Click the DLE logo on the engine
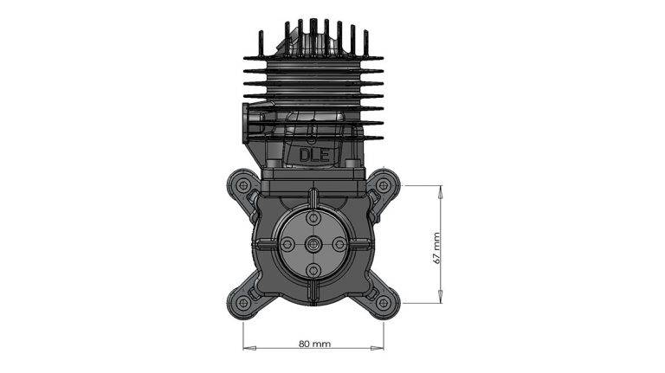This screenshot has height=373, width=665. pos(313,155)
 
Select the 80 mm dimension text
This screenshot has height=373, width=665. pos(314,344)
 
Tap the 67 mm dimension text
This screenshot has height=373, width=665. pos(437,247)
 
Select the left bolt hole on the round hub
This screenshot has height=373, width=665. pos(287,246)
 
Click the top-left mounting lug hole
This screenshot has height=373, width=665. pos(242,184)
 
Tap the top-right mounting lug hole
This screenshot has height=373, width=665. pos(384,184)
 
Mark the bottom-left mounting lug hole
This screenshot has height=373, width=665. pos(242,303)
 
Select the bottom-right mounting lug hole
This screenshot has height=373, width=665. pos(384,303)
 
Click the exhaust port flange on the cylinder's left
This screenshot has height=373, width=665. pos(252,121)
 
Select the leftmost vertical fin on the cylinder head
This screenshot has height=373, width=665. pos(260,43)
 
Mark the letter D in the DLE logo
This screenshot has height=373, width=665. pos(305,155)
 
